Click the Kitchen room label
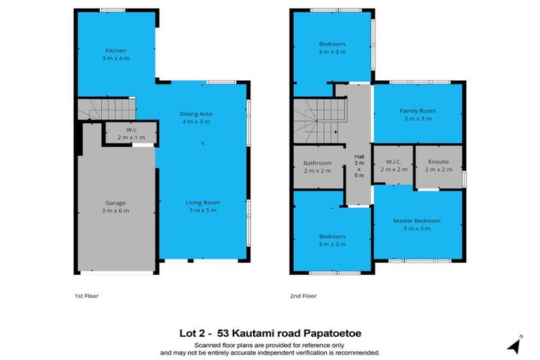[x=115, y=51]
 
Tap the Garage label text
[x=115, y=202]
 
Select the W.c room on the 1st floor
[x=131, y=134]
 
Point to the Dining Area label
[x=196, y=113]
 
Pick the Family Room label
[x=418, y=111]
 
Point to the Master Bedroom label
[x=417, y=221]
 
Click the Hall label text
[x=359, y=157]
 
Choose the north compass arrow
[x=516, y=345]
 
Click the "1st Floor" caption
[x=87, y=296]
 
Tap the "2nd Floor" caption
[x=304, y=296]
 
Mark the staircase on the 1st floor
[x=106, y=109]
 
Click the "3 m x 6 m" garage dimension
[x=115, y=210]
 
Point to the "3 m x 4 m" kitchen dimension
[x=115, y=58]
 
